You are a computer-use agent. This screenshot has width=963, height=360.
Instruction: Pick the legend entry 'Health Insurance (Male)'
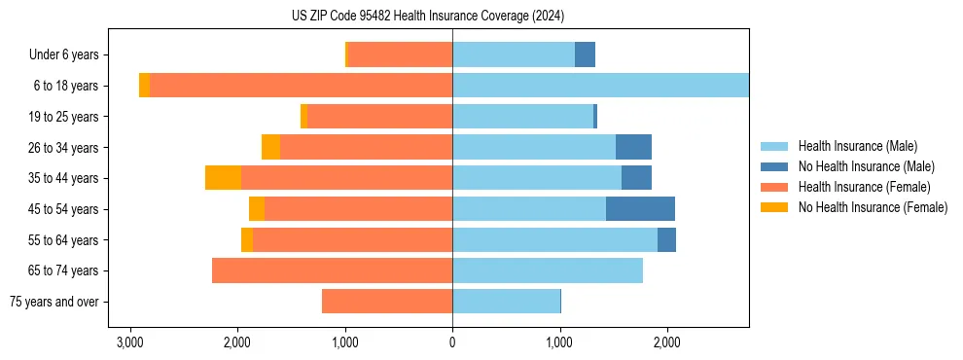[857, 146]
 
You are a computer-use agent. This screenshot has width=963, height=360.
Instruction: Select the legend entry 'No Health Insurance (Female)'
[873, 207]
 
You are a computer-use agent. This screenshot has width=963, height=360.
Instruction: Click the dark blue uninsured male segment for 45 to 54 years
[640, 209]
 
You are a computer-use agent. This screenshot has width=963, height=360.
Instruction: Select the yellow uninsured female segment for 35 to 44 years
[224, 178]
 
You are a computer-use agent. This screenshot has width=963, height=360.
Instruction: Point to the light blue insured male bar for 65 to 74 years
[548, 270]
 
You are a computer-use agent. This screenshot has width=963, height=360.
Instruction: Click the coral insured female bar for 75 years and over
[387, 302]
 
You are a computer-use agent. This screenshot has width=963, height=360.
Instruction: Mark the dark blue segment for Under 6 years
[585, 55]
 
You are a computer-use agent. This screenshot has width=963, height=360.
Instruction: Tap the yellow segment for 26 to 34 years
[270, 147]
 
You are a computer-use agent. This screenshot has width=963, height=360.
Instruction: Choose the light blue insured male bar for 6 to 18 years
[600, 86]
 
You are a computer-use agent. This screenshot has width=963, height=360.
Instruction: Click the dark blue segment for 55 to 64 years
[666, 240]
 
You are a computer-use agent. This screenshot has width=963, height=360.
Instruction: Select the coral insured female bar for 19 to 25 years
[379, 117]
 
